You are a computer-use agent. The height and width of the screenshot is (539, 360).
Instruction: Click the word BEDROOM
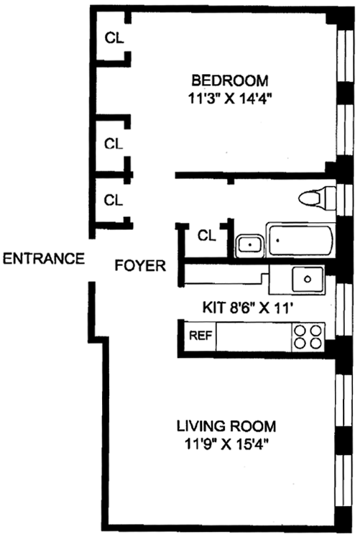pyautogui.click(x=230, y=80)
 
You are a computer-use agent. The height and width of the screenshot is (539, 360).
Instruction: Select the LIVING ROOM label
pyautogui.click(x=226, y=426)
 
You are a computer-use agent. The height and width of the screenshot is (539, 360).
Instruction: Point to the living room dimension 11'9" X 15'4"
pyautogui.click(x=226, y=445)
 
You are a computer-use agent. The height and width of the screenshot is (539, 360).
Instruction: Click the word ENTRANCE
pyautogui.click(x=44, y=258)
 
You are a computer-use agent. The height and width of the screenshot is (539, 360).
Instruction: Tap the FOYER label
pyautogui.click(x=140, y=266)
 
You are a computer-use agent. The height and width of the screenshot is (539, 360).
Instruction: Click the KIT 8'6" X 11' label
pyautogui.click(x=248, y=308)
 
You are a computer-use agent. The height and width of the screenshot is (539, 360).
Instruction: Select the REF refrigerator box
pyautogui.click(x=200, y=336)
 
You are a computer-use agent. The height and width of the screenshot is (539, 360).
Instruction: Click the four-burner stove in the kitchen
pyautogui.click(x=308, y=337)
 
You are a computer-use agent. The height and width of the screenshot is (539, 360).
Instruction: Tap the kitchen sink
pyautogui.click(x=308, y=280)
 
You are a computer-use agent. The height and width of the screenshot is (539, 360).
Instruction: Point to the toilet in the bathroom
pyautogui.click(x=317, y=198)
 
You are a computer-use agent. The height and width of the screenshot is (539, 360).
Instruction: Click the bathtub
pyautogui.click(x=301, y=240)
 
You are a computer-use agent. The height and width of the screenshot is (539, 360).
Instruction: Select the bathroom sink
pyautogui.click(x=250, y=245)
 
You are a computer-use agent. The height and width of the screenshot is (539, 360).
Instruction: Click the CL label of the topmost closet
pyautogui.click(x=114, y=38)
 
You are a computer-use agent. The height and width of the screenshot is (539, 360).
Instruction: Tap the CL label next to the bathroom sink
pyautogui.click(x=207, y=236)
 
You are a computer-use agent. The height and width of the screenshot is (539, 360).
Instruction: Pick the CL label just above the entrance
pyautogui.click(x=114, y=200)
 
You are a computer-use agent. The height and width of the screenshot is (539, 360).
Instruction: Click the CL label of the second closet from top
pyautogui.click(x=114, y=144)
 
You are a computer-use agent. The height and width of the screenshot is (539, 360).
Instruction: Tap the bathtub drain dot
pyautogui.click(x=277, y=240)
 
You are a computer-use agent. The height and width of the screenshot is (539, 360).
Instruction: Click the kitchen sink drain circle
pyautogui.click(x=308, y=279)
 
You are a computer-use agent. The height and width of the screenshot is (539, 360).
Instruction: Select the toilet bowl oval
pyautogui.click(x=309, y=198)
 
